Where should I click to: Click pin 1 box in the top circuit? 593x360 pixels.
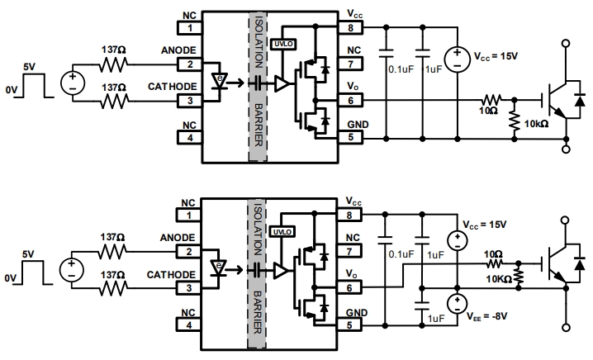pyautogui.click(x=191, y=28)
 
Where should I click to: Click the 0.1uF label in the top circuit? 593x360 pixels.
pyautogui.click(x=401, y=69)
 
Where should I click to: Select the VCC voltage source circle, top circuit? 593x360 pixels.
pyautogui.click(x=455, y=57)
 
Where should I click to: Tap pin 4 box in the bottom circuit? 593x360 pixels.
pyautogui.click(x=191, y=324)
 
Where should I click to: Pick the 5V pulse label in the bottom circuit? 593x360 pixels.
pyautogui.click(x=28, y=256)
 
